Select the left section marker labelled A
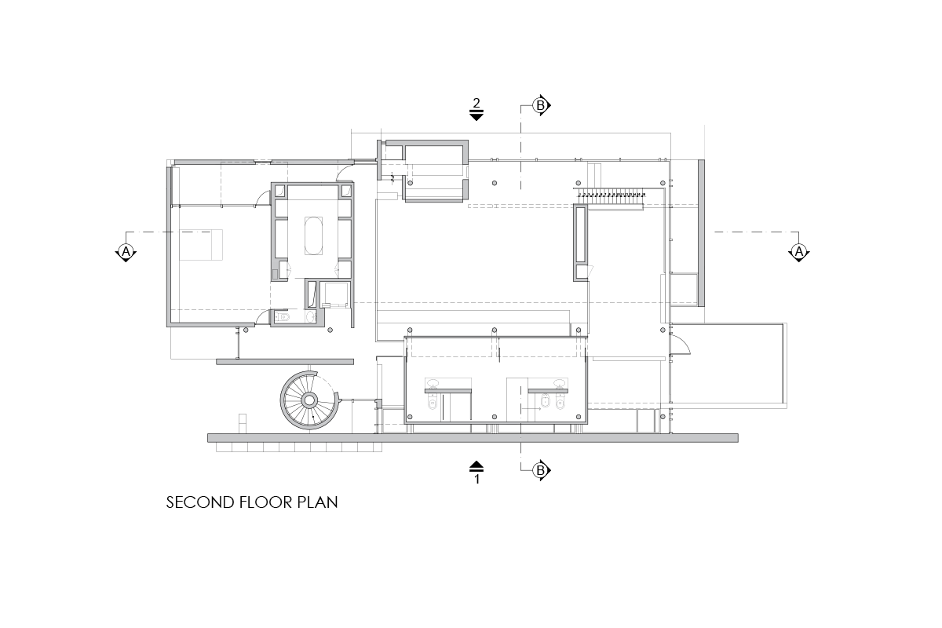pyautogui.click(x=126, y=252)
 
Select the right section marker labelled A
pyautogui.click(x=798, y=252)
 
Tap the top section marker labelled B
pyautogui.click(x=541, y=105)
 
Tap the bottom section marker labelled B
pyautogui.click(x=541, y=470)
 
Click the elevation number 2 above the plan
pyautogui.click(x=476, y=103)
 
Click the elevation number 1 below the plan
pyautogui.click(x=477, y=479)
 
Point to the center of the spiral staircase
pyautogui.click(x=309, y=400)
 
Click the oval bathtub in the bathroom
pyautogui.click(x=313, y=235)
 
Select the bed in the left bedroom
pyautogui.click(x=201, y=245)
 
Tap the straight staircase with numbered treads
pyautogui.click(x=609, y=199)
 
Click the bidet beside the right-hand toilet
pyautogui.click(x=546, y=401)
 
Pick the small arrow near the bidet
pyautogui.click(x=531, y=408)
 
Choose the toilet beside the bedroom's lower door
pyautogui.click(x=282, y=316)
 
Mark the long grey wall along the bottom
pyautogui.click(x=473, y=438)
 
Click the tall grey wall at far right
pyautogui.click(x=701, y=233)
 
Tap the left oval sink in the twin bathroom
pyautogui.click(x=433, y=383)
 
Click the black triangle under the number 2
pyautogui.click(x=476, y=116)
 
